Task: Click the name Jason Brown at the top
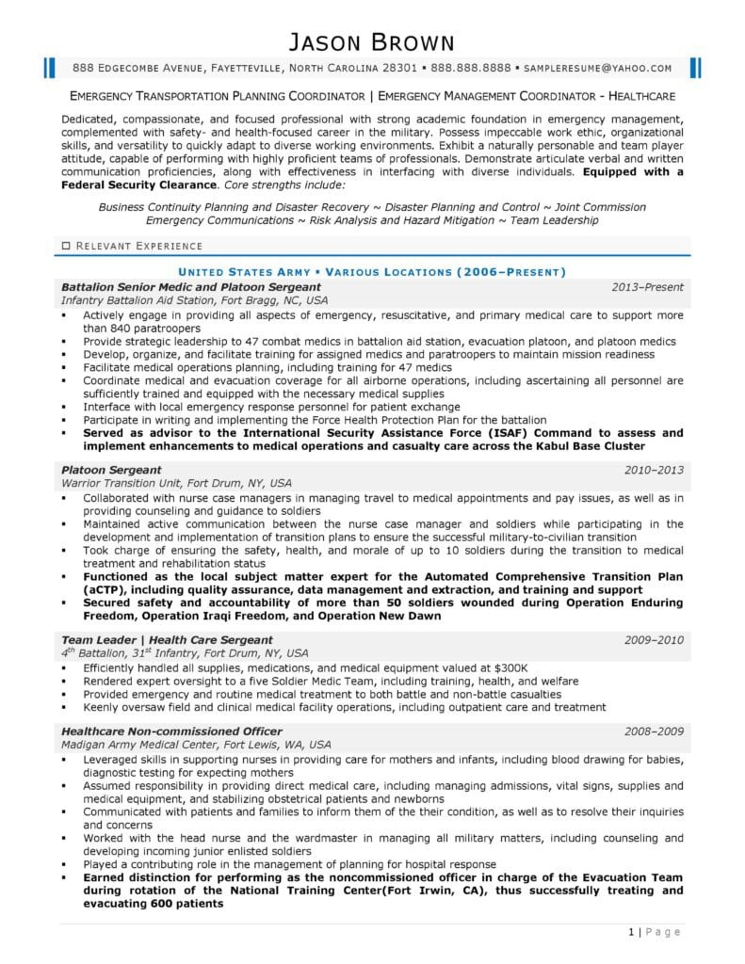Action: click(x=371, y=41)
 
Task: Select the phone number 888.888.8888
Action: click(x=471, y=68)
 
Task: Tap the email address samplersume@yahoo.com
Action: click(x=597, y=68)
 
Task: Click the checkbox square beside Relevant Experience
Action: click(x=65, y=246)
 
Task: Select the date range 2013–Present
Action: click(x=648, y=286)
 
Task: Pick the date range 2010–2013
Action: click(x=654, y=469)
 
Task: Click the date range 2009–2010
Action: click(x=654, y=639)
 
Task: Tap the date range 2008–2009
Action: click(x=654, y=731)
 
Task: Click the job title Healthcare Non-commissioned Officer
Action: click(x=171, y=731)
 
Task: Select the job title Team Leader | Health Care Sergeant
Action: click(x=167, y=639)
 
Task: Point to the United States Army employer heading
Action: click(x=372, y=272)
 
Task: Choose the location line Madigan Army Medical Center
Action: click(x=196, y=744)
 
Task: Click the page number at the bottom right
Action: click(x=630, y=932)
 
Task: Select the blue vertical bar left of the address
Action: click(x=47, y=67)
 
